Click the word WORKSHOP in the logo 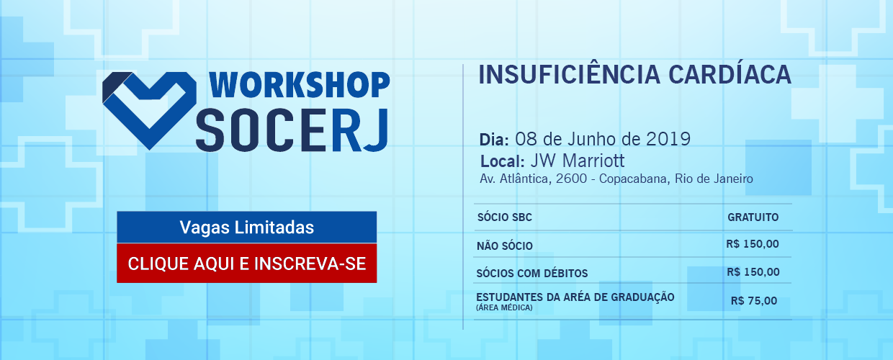tap(300, 85)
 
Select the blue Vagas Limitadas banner tap(247, 228)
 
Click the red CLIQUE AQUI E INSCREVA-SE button tap(247, 264)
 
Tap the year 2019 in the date tap(668, 139)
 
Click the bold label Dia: tap(494, 140)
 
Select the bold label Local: tap(503, 161)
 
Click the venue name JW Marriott tap(578, 161)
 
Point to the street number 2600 tap(571, 179)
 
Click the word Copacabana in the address tap(634, 179)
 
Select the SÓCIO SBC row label tap(505, 217)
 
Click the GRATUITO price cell tap(753, 217)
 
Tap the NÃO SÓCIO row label tap(505, 246)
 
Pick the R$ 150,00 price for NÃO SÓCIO tap(753, 244)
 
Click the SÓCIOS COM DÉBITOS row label tap(532, 273)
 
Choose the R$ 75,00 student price tap(754, 300)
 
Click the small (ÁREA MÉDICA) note tap(504, 307)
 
